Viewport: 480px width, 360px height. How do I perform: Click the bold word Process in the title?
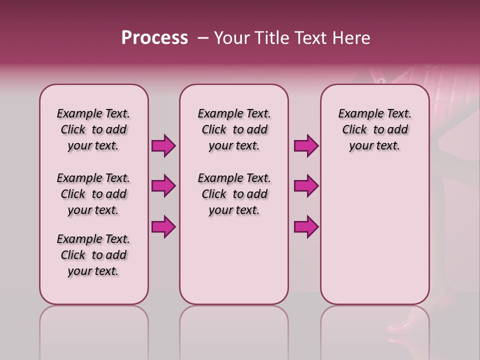[154, 38]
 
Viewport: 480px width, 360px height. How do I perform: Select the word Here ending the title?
[352, 38]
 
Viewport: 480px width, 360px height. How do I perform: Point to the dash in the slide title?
[203, 38]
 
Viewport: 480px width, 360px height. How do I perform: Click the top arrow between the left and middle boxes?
[163, 146]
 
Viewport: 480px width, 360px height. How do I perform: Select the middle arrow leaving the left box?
[163, 186]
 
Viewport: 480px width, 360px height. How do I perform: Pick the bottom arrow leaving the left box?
[163, 226]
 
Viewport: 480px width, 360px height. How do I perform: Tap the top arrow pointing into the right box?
[306, 146]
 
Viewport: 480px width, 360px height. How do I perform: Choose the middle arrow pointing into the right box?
[306, 186]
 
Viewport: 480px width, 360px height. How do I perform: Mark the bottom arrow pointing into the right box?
[306, 226]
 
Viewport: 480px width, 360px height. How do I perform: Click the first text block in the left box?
[93, 129]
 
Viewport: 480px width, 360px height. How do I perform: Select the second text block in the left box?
[93, 194]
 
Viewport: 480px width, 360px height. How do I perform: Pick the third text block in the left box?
[93, 255]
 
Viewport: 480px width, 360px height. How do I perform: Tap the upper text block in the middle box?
[234, 129]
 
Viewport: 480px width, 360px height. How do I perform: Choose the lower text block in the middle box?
[234, 194]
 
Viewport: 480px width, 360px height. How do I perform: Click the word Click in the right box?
[354, 130]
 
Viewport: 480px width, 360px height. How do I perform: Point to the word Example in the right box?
[357, 114]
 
